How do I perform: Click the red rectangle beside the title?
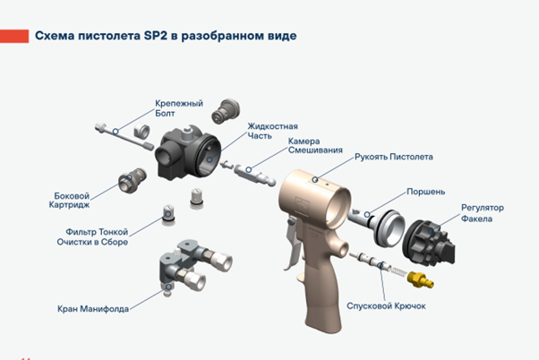[14, 36]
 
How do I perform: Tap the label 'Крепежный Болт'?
[179, 108]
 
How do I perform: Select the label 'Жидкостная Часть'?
[272, 131]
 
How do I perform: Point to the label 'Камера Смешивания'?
[315, 146]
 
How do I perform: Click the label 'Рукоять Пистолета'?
[394, 157]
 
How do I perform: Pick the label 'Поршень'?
[426, 192]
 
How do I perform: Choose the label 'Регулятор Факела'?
[483, 213]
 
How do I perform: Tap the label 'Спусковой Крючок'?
[386, 306]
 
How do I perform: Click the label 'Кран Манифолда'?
[93, 309]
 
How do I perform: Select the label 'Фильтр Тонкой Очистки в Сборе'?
[92, 237]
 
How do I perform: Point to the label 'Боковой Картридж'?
[69, 201]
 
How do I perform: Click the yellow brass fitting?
[421, 279]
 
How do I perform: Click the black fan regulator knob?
[429, 243]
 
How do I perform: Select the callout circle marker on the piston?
[367, 215]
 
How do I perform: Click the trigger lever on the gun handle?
[292, 244]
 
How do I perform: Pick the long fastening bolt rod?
[124, 136]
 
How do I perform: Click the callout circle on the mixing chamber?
[249, 169]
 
